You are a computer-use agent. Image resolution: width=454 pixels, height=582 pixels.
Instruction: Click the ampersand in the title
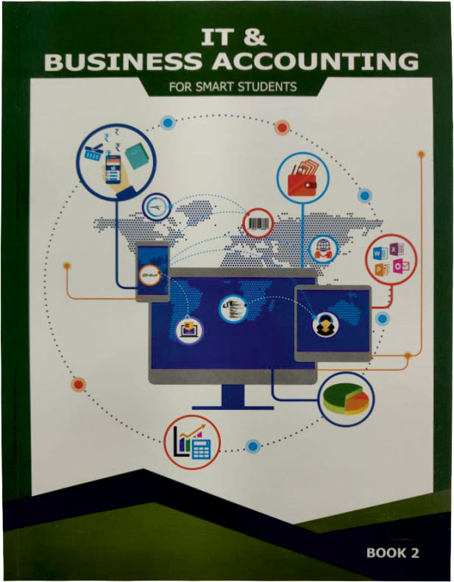pos(255,37)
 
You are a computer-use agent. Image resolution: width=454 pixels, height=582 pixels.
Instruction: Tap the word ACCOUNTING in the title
pos(315,62)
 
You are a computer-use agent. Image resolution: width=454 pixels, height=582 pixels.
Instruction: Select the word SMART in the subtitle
pos(215,87)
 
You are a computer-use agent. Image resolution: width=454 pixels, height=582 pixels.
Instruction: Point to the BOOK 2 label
pos(392,553)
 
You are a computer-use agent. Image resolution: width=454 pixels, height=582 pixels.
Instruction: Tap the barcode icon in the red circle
pos(258,223)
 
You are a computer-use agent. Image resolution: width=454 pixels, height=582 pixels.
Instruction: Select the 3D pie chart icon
pos(346,399)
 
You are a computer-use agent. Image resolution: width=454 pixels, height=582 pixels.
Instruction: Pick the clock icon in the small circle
pos(156,207)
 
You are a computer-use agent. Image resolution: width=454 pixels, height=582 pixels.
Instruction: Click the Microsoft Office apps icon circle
pos(391,260)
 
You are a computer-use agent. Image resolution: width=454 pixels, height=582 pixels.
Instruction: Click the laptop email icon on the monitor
pos(189,330)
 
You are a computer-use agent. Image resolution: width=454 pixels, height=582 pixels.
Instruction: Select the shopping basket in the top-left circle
pos(93,152)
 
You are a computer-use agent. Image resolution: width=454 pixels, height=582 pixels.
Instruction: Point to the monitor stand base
pos(233,407)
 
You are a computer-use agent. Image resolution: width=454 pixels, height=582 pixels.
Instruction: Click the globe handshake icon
pos(323,249)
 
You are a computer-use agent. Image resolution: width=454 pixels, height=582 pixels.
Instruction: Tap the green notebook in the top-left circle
pos(138,155)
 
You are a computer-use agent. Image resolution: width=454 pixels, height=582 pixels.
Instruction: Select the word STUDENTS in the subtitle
pos(267,87)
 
